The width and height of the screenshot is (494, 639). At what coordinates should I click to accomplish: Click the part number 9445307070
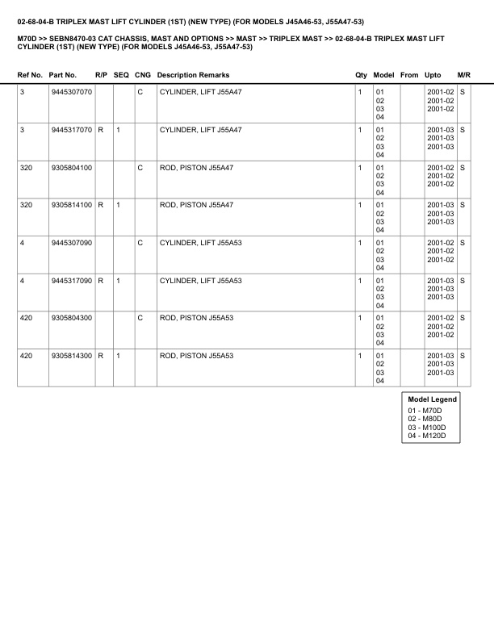(x=71, y=92)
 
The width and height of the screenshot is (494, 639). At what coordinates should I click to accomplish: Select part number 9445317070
(x=71, y=129)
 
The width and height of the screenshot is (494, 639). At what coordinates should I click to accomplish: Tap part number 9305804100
(x=71, y=167)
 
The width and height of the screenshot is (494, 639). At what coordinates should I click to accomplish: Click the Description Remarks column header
(x=193, y=75)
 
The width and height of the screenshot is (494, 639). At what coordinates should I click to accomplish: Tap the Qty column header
(x=361, y=75)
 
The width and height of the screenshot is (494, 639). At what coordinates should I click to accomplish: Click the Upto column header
(x=433, y=75)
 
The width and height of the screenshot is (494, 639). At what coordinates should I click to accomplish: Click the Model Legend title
(x=433, y=399)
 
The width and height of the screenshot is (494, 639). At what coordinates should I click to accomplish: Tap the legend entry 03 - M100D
(x=428, y=428)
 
